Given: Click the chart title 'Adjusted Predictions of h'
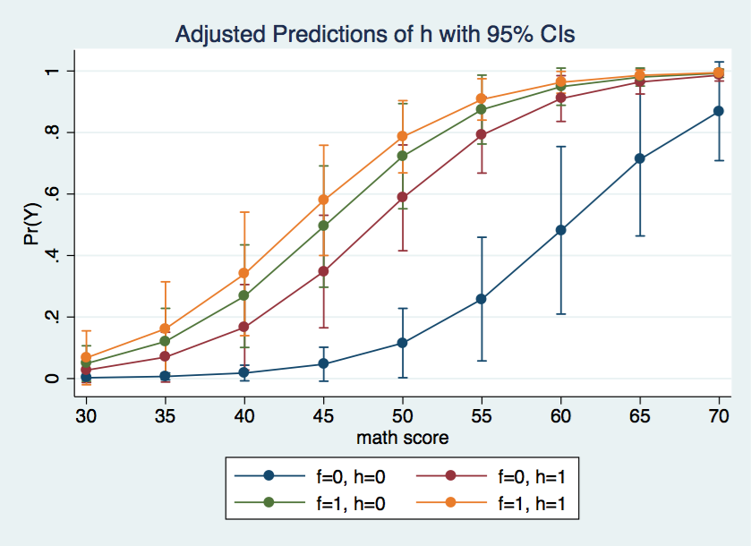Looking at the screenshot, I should pyautogui.click(x=375, y=35).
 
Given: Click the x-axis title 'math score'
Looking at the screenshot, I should pyautogui.click(x=402, y=438).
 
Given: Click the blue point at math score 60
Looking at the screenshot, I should pyautogui.click(x=560, y=230).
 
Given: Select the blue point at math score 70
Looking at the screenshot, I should pyautogui.click(x=719, y=111).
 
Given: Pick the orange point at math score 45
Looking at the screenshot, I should pyautogui.click(x=323, y=200).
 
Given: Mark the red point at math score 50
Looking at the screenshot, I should pyautogui.click(x=403, y=197).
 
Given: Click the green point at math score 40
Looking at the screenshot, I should pyautogui.click(x=244, y=295).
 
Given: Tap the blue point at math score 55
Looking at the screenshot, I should pyautogui.click(x=482, y=299).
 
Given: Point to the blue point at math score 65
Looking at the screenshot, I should pyautogui.click(x=640, y=158).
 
